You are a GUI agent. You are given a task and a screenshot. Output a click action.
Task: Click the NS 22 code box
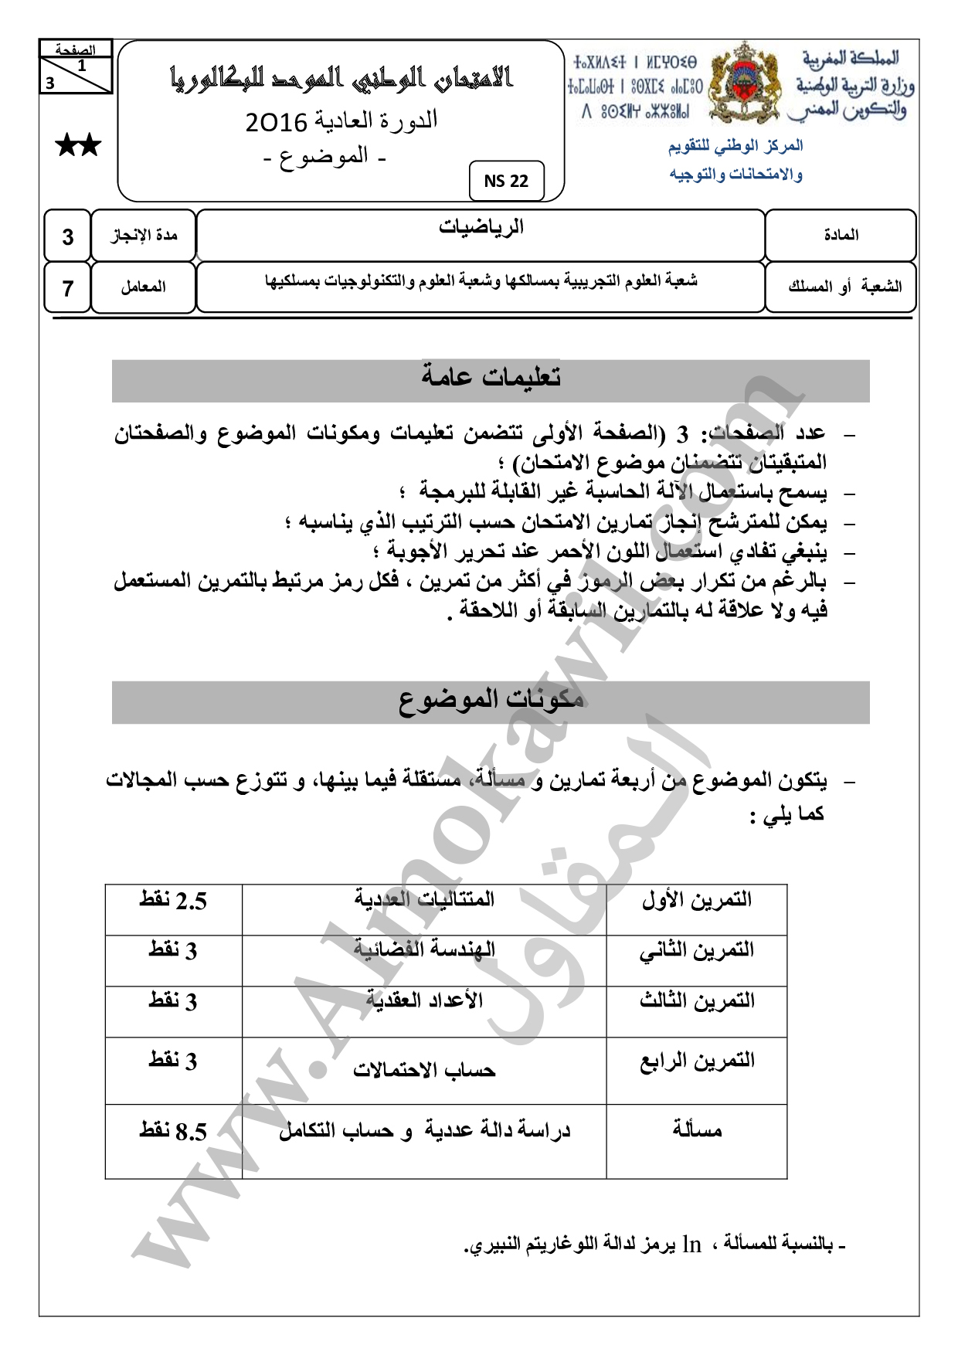(506, 181)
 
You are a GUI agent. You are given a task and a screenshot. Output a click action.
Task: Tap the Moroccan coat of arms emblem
(744, 83)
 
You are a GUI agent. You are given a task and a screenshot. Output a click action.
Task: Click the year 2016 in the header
(277, 122)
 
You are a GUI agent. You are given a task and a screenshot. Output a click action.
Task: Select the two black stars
(78, 145)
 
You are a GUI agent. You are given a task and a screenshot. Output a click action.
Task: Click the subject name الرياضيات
(481, 226)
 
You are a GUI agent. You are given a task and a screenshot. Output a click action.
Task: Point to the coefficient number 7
(68, 288)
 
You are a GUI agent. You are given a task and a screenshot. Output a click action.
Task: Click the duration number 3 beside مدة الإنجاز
(68, 236)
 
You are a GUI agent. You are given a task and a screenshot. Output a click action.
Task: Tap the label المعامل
(143, 287)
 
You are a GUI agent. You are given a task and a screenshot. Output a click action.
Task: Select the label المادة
(841, 235)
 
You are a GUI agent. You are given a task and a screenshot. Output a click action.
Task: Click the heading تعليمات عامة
(491, 378)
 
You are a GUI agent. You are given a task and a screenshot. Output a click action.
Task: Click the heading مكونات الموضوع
(491, 700)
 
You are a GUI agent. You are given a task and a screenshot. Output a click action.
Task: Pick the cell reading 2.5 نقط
(173, 901)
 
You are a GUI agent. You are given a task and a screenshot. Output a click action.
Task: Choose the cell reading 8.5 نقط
(173, 1132)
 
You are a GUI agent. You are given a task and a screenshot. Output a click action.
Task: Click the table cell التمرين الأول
(696, 900)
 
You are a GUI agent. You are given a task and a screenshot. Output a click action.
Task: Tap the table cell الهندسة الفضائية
(424, 950)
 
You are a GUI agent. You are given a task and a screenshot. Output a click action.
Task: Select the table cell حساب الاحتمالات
(424, 1071)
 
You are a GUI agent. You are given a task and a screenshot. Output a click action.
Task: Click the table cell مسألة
(696, 1131)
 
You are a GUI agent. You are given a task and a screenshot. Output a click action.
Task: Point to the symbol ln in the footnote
(691, 1245)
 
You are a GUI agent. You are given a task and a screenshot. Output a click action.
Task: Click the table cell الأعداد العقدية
(424, 1001)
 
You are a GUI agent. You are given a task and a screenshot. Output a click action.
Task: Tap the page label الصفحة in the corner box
(76, 50)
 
